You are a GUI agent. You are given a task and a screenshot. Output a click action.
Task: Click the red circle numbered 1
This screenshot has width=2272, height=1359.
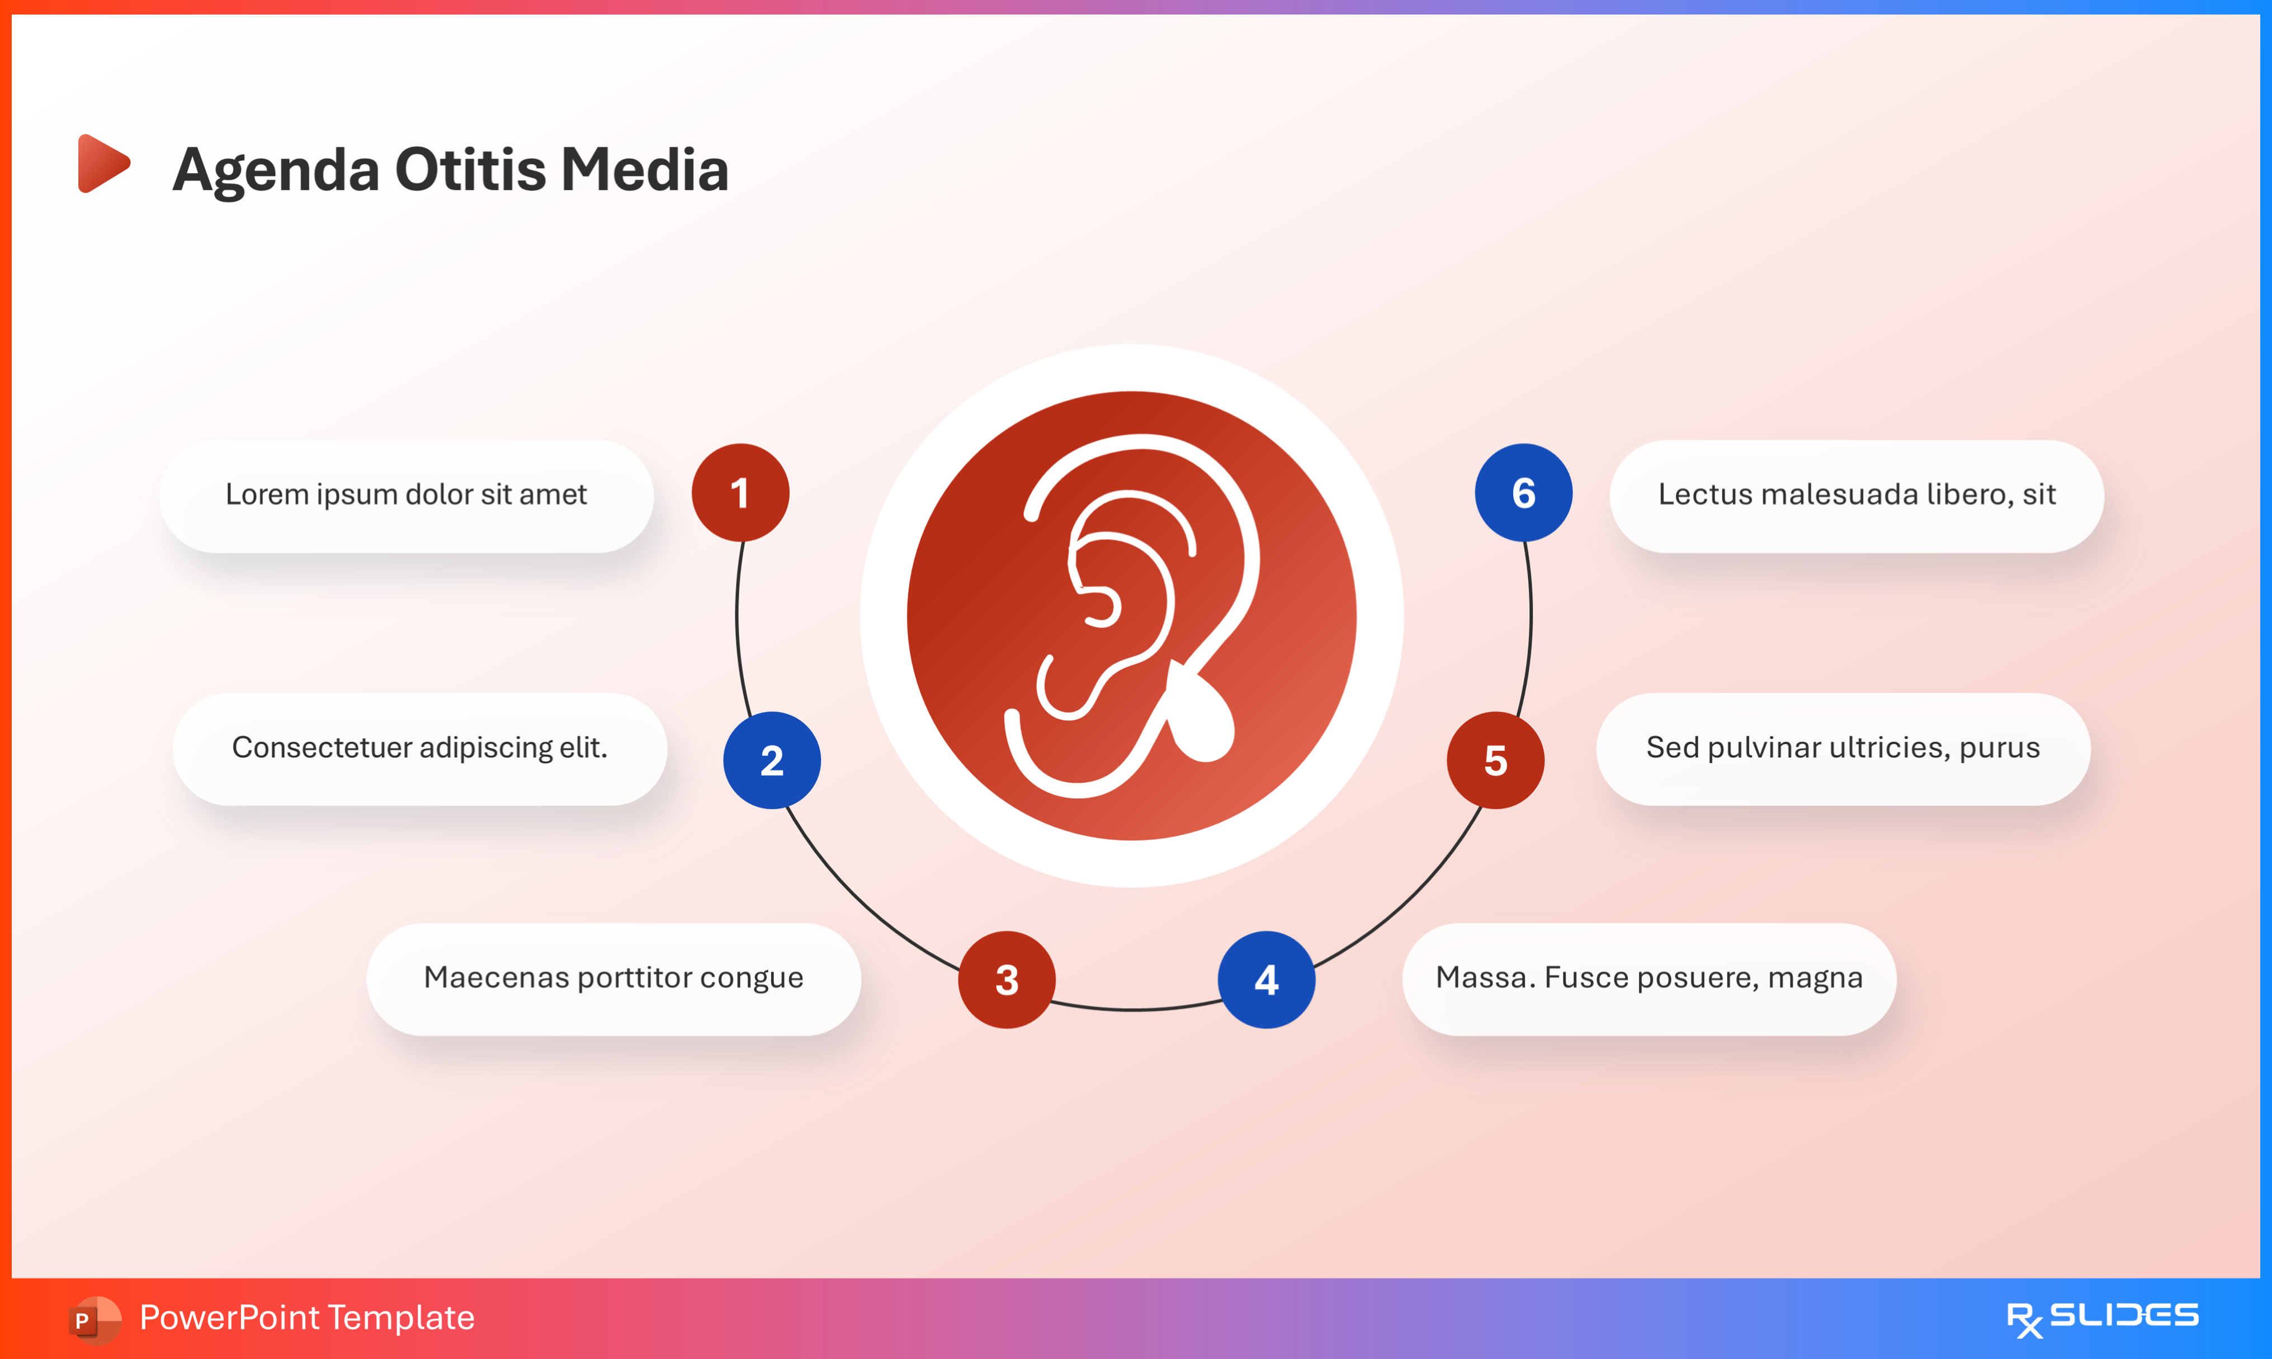point(740,493)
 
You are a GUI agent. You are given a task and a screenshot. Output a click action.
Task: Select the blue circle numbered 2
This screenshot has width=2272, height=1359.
point(771,760)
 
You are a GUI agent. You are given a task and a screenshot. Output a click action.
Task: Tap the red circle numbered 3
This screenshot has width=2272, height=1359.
point(1007,979)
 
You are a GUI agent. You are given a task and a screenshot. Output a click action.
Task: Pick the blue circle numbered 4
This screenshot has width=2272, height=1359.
point(1266,979)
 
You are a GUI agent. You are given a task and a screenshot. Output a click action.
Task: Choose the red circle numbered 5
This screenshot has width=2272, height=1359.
point(1495,760)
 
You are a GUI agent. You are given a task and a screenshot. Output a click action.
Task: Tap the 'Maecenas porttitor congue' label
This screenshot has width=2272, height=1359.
point(613,978)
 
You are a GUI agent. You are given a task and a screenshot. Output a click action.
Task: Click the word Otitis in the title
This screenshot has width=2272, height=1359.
point(470,170)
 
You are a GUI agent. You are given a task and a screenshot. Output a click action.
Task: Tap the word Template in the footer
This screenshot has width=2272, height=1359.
point(402,1318)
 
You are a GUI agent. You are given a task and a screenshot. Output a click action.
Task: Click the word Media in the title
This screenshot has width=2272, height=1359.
point(645,170)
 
